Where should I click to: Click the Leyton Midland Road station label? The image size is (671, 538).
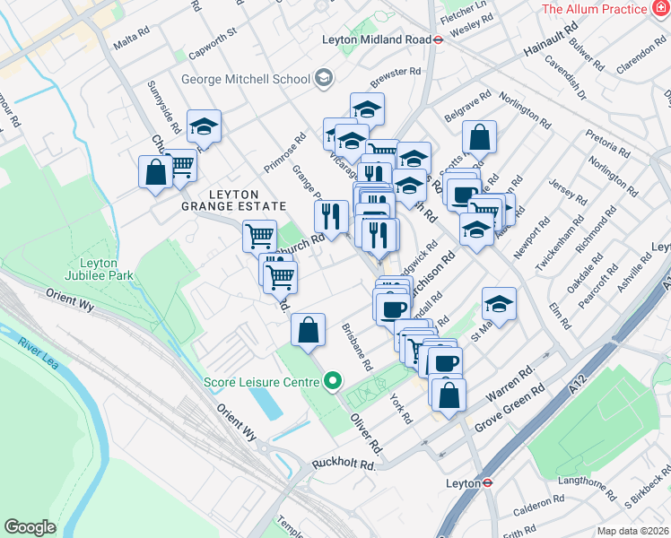(x=376, y=39)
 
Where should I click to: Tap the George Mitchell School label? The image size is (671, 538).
(x=245, y=79)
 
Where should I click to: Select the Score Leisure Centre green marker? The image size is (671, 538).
(x=332, y=382)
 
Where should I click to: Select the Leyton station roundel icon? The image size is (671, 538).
(x=486, y=482)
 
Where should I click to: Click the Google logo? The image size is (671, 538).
(x=30, y=527)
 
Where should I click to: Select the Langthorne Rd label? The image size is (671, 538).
(x=587, y=488)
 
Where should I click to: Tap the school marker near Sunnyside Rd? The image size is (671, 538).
(x=205, y=127)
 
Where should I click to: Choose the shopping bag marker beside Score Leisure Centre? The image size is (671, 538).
(x=308, y=330)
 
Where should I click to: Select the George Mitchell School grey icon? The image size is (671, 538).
(x=322, y=79)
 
